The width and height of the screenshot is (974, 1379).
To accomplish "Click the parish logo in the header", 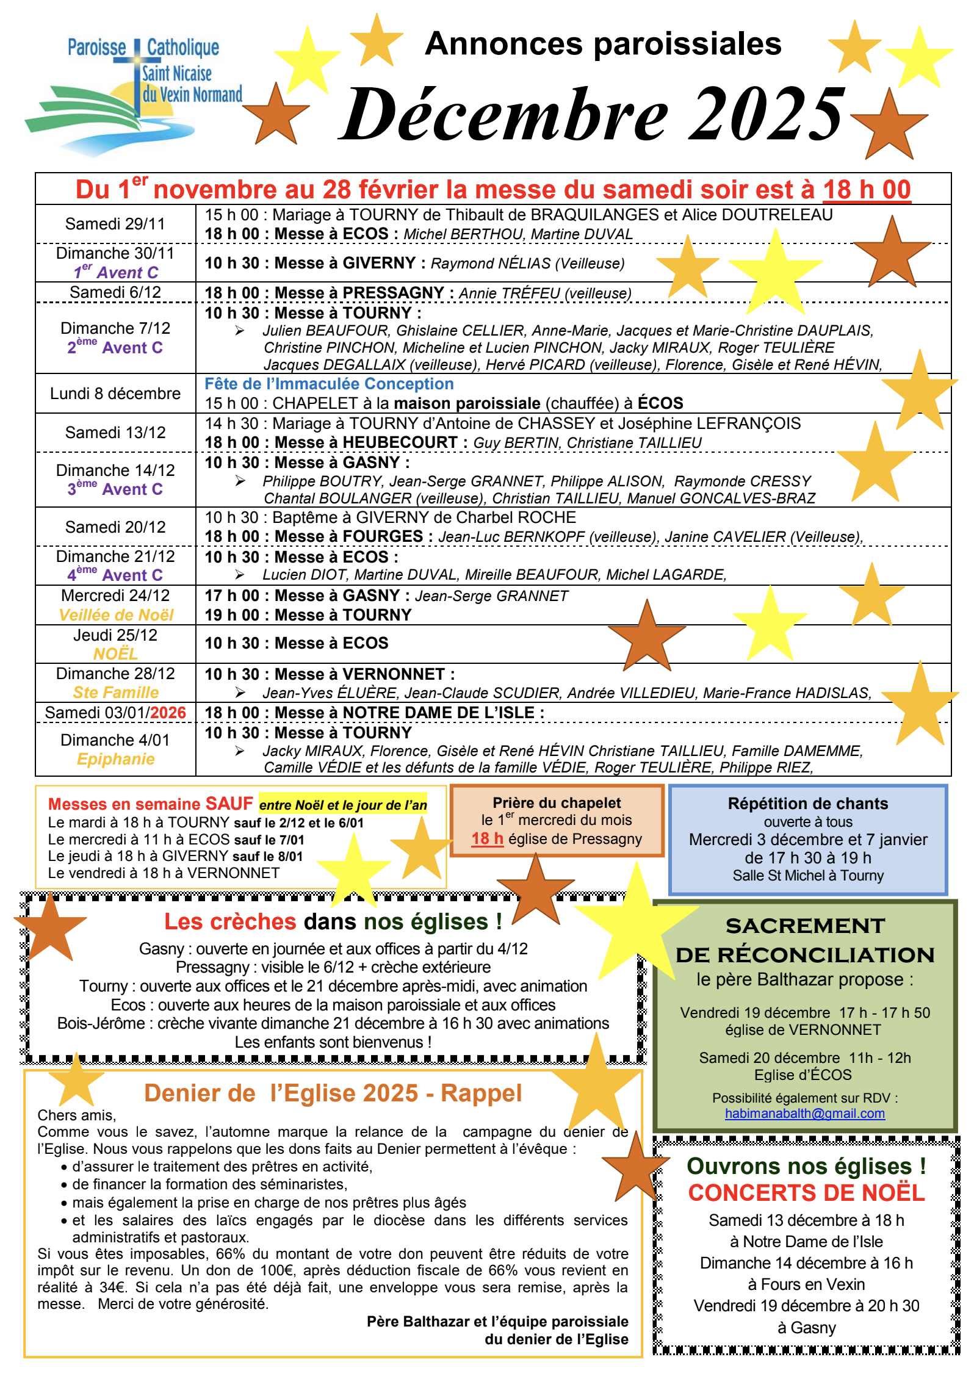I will [134, 92].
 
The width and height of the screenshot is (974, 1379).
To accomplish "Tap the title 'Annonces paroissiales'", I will [603, 44].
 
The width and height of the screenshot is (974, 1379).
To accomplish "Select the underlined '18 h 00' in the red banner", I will [867, 190].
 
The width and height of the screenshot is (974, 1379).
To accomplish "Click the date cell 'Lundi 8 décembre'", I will [115, 394].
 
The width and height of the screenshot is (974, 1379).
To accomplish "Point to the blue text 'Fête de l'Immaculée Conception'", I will [329, 384].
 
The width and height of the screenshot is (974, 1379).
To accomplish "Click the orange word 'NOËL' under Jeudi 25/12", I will [115, 654].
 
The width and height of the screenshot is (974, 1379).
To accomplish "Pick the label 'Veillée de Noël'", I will [116, 615].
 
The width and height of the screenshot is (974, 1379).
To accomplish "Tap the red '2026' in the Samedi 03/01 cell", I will [168, 713].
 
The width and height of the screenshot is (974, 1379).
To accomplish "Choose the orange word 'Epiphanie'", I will [116, 759].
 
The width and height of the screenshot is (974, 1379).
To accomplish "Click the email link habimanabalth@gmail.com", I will [804, 1114].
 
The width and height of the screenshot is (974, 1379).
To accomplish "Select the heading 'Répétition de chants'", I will [807, 804].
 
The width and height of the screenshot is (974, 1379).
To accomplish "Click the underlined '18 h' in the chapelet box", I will [487, 839].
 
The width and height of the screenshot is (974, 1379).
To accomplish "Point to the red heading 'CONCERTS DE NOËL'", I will [806, 1193].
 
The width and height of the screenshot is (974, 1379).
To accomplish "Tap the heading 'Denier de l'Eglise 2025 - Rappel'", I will [333, 1093].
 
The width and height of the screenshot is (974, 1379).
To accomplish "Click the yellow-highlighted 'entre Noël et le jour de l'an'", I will [343, 805].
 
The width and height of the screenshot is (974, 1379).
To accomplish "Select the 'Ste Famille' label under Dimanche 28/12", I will [116, 693].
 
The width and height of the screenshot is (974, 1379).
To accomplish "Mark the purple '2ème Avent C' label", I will [115, 348].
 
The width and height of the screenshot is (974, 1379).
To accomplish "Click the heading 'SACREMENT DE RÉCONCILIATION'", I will [805, 940].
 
